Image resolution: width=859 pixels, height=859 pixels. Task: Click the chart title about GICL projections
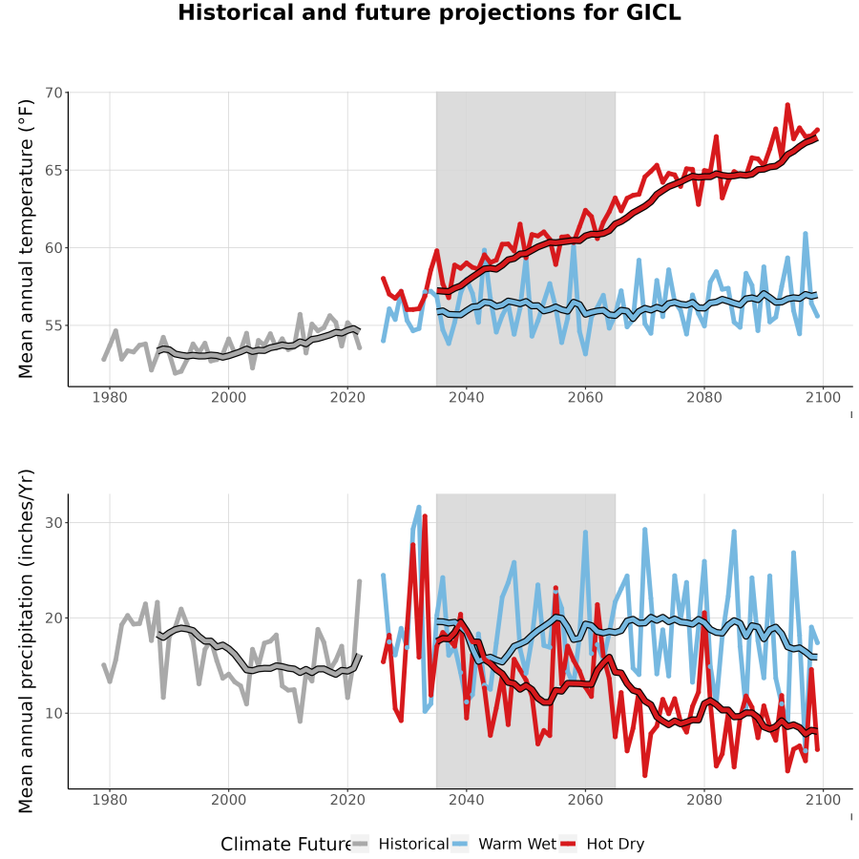(429, 12)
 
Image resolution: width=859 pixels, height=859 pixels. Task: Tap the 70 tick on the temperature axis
(54, 93)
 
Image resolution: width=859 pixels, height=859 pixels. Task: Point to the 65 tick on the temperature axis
(54, 171)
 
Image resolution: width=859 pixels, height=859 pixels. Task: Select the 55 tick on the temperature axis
(54, 325)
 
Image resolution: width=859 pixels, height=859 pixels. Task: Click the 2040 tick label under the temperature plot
(466, 397)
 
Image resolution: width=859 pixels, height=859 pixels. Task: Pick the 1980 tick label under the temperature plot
(110, 397)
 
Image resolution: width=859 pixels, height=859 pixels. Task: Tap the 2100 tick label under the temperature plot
(823, 397)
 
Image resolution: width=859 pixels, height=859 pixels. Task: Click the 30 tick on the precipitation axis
(54, 523)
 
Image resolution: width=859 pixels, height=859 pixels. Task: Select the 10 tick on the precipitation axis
(54, 713)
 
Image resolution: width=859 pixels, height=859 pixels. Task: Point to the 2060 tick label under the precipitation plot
(585, 800)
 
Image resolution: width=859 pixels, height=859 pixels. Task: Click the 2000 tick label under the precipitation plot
(228, 800)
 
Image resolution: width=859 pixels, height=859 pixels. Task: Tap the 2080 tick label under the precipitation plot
(704, 800)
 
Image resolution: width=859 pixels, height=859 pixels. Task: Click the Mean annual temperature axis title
(26, 239)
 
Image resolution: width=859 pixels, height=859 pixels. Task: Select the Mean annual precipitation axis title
(26, 641)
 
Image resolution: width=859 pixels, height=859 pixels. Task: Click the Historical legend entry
(400, 845)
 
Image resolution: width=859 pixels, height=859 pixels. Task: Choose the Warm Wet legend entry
(504, 845)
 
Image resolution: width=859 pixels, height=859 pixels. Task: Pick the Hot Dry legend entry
(602, 845)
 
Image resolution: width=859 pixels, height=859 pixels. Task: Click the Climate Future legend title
(285, 845)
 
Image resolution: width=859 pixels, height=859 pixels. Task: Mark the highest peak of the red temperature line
(787, 104)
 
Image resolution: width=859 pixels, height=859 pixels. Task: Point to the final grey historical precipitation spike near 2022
(360, 580)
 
